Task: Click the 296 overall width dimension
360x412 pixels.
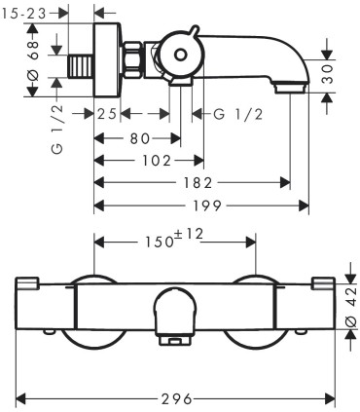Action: click(177, 398)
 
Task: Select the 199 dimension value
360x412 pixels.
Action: click(207, 206)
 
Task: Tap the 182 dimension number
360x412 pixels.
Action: click(198, 183)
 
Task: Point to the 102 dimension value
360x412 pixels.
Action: click(157, 161)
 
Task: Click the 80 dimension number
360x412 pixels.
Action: click(140, 138)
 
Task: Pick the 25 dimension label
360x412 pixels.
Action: click(107, 114)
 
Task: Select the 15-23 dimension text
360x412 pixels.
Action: click(23, 14)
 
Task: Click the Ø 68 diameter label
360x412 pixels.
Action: click(33, 60)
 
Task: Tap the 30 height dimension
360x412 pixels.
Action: click(329, 74)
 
